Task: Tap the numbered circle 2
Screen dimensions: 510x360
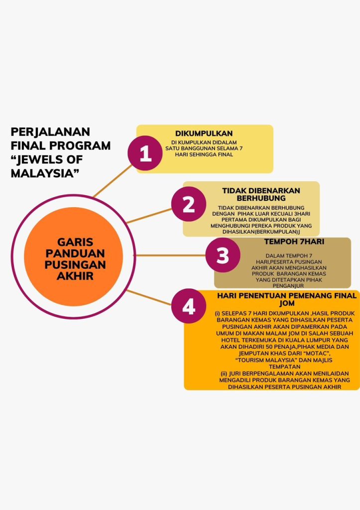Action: click(x=189, y=205)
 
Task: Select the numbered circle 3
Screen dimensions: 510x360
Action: click(x=223, y=255)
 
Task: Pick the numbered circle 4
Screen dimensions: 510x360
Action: click(x=189, y=307)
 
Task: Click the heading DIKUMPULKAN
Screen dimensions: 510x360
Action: click(x=204, y=133)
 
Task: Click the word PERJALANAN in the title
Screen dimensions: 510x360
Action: click(x=50, y=132)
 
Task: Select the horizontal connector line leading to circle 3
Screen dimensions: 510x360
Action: click(x=169, y=255)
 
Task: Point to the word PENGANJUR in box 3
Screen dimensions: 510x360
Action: click(x=282, y=286)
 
